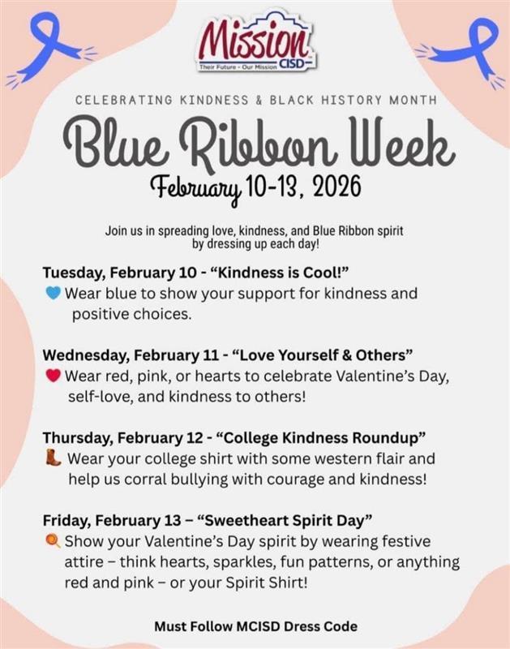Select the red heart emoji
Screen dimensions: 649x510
click(x=53, y=376)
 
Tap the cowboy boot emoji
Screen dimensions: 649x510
click(x=53, y=458)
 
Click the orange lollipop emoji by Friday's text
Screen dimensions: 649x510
click(x=53, y=541)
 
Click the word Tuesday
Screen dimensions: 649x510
click(x=72, y=271)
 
